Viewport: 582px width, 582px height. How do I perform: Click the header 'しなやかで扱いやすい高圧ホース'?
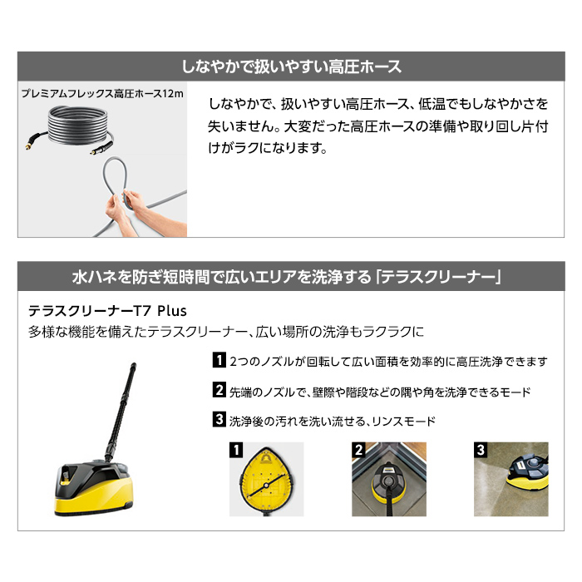coord(291,66)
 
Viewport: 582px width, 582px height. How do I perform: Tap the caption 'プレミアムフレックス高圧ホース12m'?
coord(103,94)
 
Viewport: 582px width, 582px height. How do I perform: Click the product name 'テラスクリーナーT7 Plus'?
coord(107,310)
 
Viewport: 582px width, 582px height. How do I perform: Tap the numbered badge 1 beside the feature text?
coord(219,362)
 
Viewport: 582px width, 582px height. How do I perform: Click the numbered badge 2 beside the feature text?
coord(219,391)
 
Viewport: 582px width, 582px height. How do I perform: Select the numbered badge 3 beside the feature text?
coord(219,420)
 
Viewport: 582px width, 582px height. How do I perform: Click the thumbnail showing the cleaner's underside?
coord(265,480)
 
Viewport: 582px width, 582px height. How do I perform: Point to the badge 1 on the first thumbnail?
coord(236,451)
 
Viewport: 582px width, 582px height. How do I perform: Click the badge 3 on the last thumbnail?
coord(481,451)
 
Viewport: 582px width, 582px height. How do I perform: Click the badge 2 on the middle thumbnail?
coord(358,451)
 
